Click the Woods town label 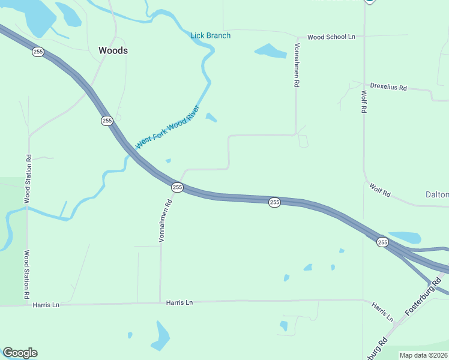point(113,51)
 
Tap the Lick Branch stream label point(210,35)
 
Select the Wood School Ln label point(331,37)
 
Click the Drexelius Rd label point(388,88)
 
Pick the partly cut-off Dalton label point(437,195)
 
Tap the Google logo point(20,353)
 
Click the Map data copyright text point(424,355)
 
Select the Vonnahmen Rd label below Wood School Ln point(297,65)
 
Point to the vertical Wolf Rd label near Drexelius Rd point(364,102)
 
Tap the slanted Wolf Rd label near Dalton point(380,191)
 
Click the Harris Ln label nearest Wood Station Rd point(47,305)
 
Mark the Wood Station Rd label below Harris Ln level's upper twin point(28,179)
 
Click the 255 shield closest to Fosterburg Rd point(382,242)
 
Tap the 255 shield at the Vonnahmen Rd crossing point(177,188)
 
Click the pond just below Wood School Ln point(271,52)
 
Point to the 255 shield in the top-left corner point(38,52)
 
